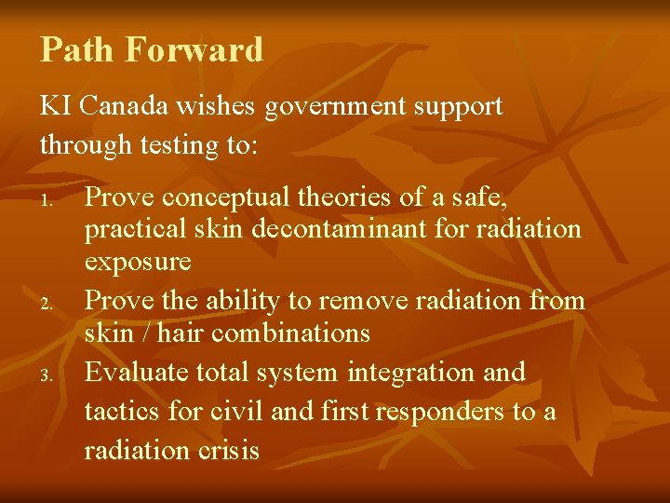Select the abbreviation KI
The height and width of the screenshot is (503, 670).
click(55, 106)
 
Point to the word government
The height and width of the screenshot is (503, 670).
click(326, 106)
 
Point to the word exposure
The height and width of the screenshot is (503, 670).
click(138, 262)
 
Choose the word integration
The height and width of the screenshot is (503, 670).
click(422, 372)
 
